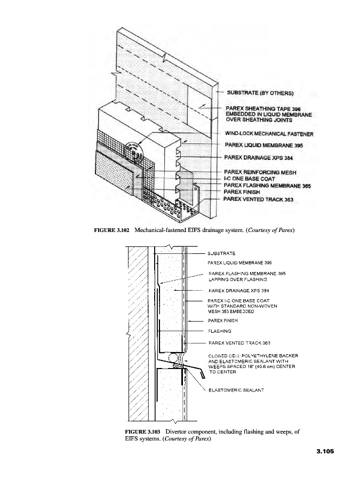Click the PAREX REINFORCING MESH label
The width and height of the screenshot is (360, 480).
click(260, 172)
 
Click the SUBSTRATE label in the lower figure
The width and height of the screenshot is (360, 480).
click(222, 253)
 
